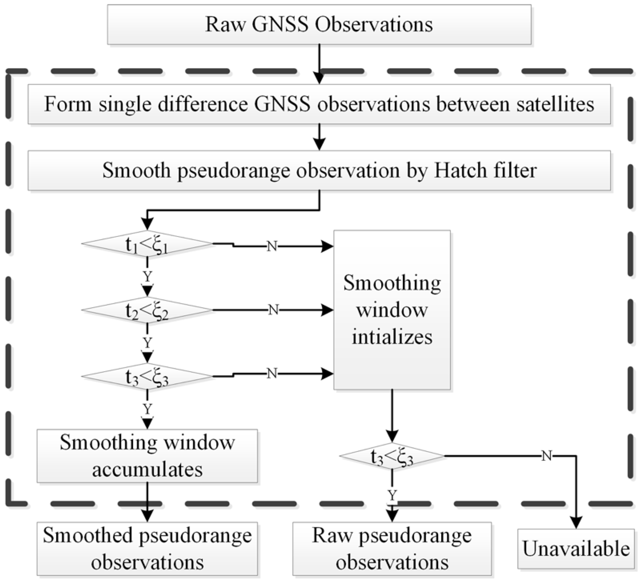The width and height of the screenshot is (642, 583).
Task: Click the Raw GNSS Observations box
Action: [x=319, y=25]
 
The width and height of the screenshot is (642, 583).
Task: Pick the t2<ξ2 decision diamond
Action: [x=147, y=310]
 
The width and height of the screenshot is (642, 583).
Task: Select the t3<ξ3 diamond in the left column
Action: [x=147, y=377]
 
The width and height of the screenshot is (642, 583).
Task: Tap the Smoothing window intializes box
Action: [x=392, y=310]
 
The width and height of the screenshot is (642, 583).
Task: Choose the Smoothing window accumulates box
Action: [x=147, y=456]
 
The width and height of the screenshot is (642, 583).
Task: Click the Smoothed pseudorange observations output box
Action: [x=147, y=549]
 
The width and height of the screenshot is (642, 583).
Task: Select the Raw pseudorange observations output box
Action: [x=392, y=549]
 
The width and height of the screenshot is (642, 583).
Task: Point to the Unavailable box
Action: [x=576, y=549]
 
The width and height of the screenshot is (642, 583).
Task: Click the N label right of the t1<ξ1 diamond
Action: [x=272, y=246]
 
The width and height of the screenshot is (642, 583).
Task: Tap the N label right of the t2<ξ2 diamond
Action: [x=273, y=310]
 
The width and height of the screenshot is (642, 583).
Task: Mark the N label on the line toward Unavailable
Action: [x=546, y=456]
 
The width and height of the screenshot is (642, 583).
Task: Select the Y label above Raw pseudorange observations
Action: [x=392, y=496]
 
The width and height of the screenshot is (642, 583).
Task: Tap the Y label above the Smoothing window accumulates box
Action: [x=147, y=409]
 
